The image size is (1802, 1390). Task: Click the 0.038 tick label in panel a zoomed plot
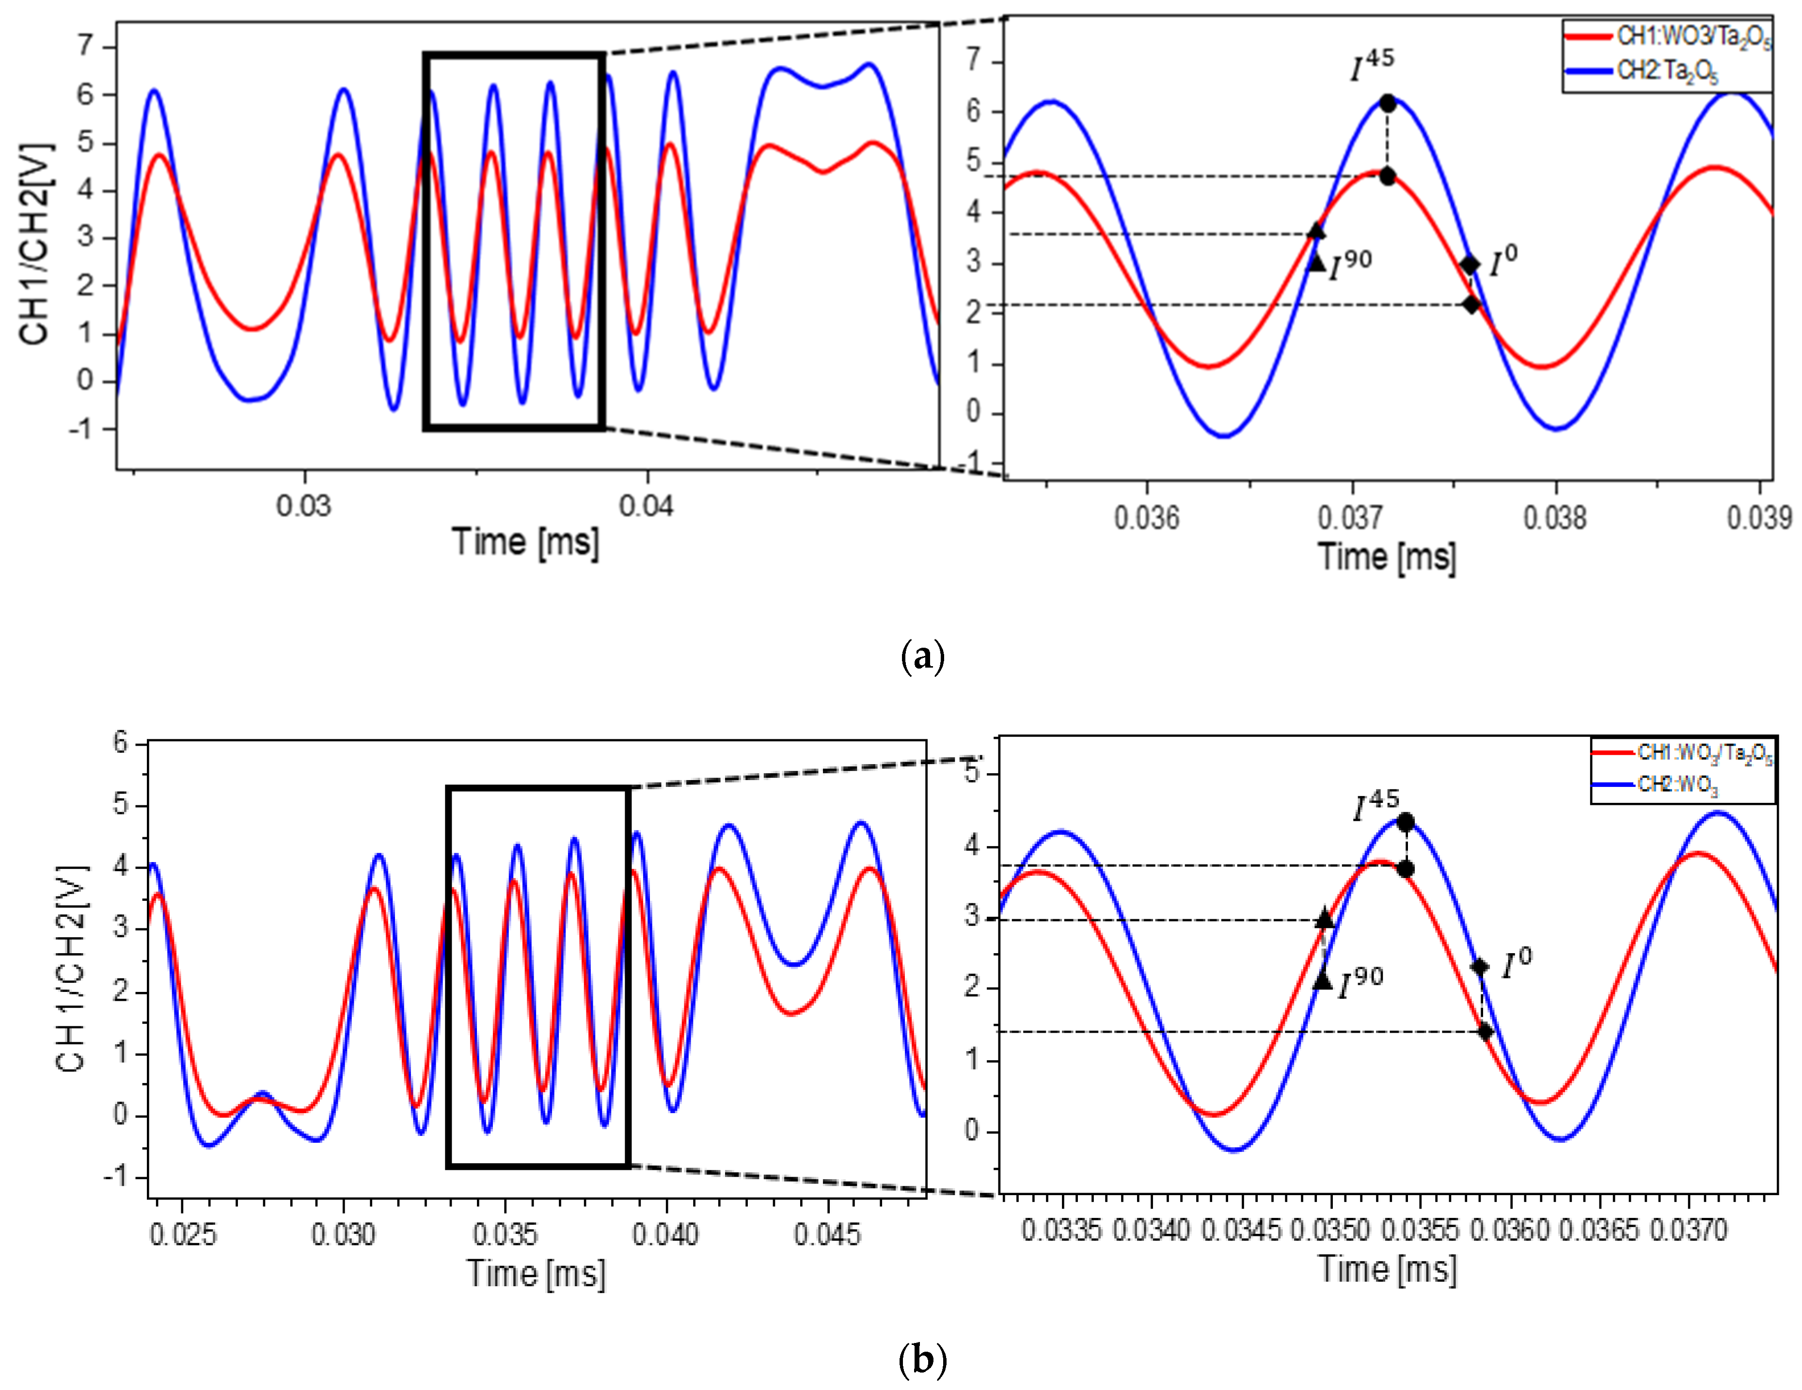coord(1554,518)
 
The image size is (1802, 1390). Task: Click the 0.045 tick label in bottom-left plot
coord(827,1235)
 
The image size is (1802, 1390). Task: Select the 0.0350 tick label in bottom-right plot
coord(1330,1230)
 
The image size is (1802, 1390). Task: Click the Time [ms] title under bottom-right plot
coord(1386,1269)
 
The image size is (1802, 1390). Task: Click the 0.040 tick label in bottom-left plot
coord(665,1235)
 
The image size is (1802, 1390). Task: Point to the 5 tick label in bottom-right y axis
coord(972,773)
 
